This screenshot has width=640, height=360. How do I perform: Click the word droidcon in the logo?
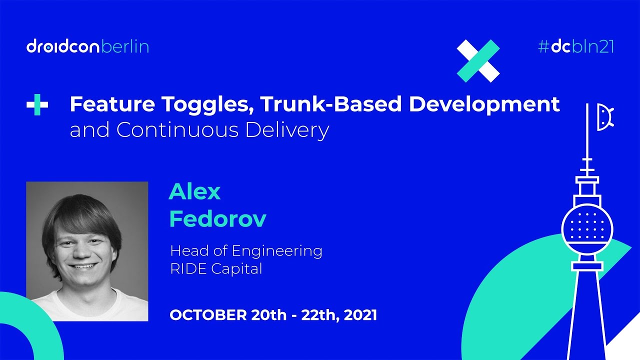pos(63,46)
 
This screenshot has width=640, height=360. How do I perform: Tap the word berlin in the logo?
pos(125,46)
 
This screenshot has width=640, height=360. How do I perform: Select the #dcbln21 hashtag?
pos(575,46)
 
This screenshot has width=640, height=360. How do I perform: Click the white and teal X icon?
pos(478,60)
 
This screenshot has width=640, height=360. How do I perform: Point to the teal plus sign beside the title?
pos(37,105)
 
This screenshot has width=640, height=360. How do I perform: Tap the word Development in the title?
pos(484,104)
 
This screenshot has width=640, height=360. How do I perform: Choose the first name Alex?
pos(194,191)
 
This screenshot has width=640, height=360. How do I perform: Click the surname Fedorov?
pos(217,218)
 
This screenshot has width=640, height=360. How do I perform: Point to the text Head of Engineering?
pos(246,250)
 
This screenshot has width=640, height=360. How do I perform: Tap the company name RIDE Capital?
pos(216,268)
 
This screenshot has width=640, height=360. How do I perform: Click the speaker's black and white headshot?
pos(87,251)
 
